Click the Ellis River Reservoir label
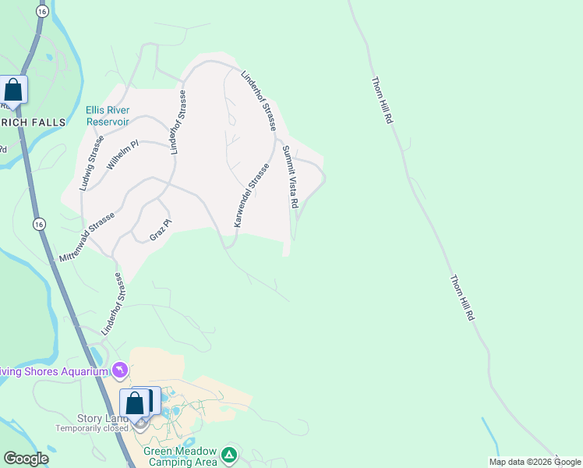tap(108, 115)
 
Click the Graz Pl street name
tap(160, 229)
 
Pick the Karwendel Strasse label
tap(251, 196)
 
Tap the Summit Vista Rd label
tap(290, 176)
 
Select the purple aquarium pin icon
tap(120, 369)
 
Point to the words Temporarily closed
tap(91, 428)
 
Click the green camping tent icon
tap(228, 454)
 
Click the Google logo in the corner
tap(26, 459)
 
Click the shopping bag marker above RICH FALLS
tap(13, 90)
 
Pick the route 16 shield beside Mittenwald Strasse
tap(39, 224)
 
